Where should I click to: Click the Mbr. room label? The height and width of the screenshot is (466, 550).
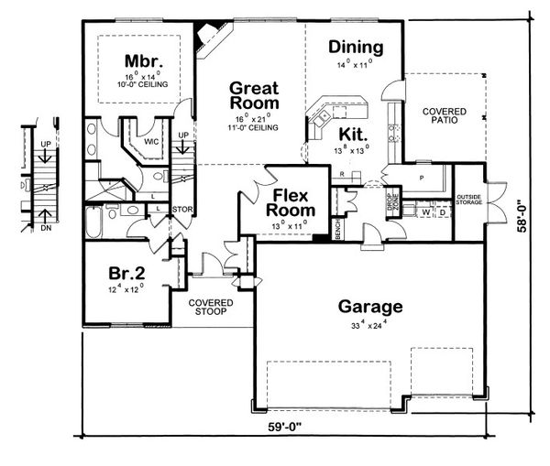(143, 61)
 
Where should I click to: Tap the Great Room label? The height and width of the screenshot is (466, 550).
(254, 96)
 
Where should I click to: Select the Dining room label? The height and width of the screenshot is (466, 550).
(356, 48)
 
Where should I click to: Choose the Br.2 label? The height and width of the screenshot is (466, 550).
(125, 273)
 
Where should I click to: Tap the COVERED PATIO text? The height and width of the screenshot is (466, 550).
(444, 114)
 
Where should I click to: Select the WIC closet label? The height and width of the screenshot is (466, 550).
(151, 141)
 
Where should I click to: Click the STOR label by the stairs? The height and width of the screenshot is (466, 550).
(181, 209)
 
